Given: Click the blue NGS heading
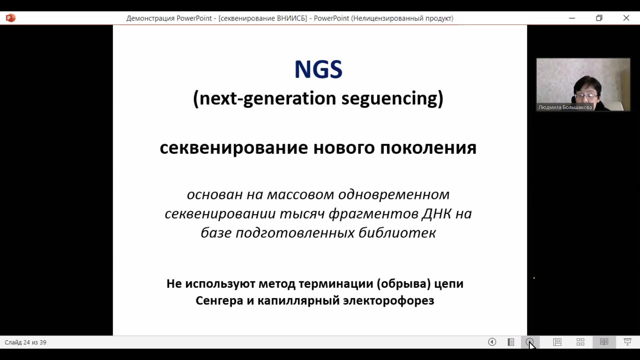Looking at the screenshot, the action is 318,69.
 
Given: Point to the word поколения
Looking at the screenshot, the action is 428,148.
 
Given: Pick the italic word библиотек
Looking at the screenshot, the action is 397,233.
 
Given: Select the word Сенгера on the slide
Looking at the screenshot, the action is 219,301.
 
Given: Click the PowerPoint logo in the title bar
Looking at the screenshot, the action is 10,18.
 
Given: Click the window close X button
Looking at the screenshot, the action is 626,18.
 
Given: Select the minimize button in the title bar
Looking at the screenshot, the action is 572,18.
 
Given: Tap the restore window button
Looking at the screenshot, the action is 599,18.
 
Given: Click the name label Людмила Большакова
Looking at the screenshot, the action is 565,107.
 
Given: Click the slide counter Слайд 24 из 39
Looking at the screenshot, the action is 26,342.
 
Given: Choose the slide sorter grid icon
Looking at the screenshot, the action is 581,342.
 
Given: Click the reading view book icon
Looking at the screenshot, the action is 604,342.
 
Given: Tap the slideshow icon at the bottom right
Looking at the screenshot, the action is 628,342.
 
